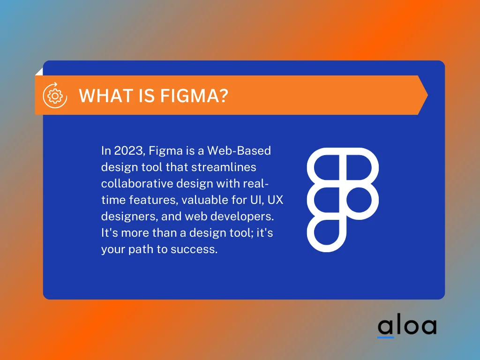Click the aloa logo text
pos(407,326)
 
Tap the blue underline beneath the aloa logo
pos(386,337)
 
